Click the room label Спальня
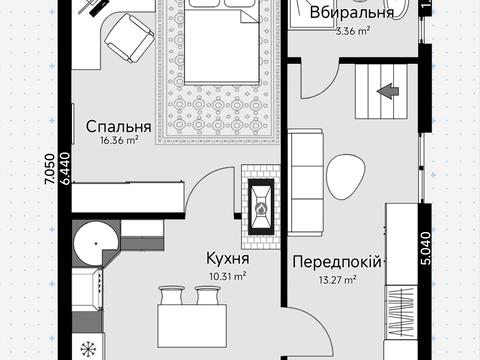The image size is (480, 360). [x=118, y=127]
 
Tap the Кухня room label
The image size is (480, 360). [x=227, y=257]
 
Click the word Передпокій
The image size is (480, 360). [x=338, y=263]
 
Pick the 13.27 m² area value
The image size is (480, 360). [x=338, y=279]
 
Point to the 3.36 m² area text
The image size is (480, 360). [x=352, y=31]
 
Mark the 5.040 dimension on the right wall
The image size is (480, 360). [x=426, y=246]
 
